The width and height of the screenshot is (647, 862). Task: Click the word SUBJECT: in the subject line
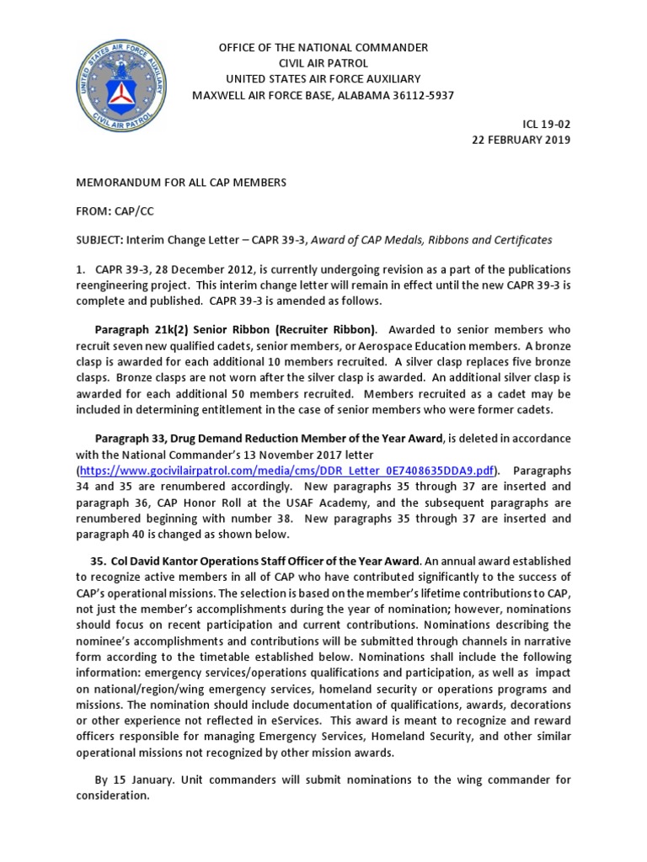tap(99, 240)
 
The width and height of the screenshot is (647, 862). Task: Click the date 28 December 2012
tap(190, 269)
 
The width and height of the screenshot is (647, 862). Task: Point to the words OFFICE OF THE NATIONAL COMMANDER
tap(323, 47)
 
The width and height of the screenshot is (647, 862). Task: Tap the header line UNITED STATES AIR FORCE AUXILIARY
tap(323, 79)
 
